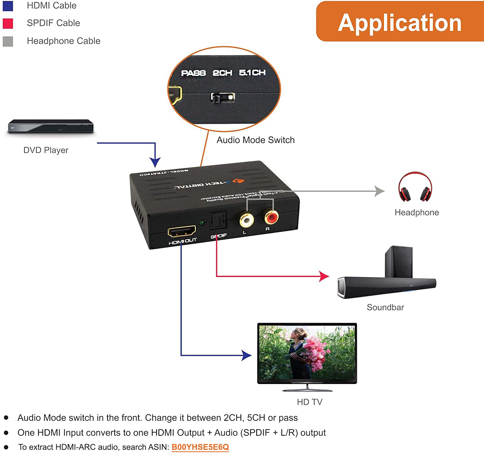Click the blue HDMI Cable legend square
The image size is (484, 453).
click(8, 6)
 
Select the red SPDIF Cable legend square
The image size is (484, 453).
click(8, 23)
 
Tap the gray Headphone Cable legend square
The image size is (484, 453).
click(8, 41)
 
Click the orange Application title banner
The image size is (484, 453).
click(400, 22)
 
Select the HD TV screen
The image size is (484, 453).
click(307, 352)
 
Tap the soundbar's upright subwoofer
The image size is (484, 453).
click(399, 261)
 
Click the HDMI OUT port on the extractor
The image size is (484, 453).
click(182, 231)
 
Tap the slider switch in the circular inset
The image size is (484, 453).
click(223, 97)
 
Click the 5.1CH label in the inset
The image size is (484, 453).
click(252, 73)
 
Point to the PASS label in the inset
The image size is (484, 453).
click(193, 73)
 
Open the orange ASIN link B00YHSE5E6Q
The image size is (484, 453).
click(200, 447)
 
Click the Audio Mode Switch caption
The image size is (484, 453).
click(256, 140)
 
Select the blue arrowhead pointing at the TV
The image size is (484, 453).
click(247, 355)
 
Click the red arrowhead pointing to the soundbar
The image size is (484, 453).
click(324, 276)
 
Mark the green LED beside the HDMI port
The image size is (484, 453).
click(202, 223)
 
